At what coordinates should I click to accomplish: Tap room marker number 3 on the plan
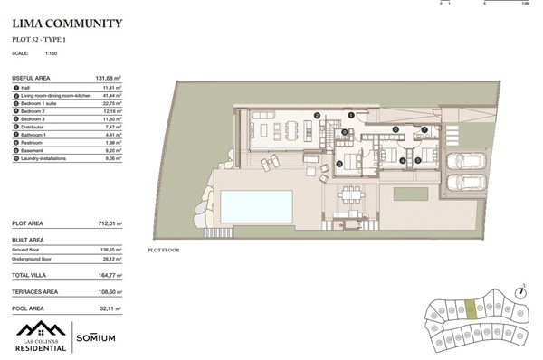[x=338, y=164]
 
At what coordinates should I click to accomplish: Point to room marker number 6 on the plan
[x=395, y=129]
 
